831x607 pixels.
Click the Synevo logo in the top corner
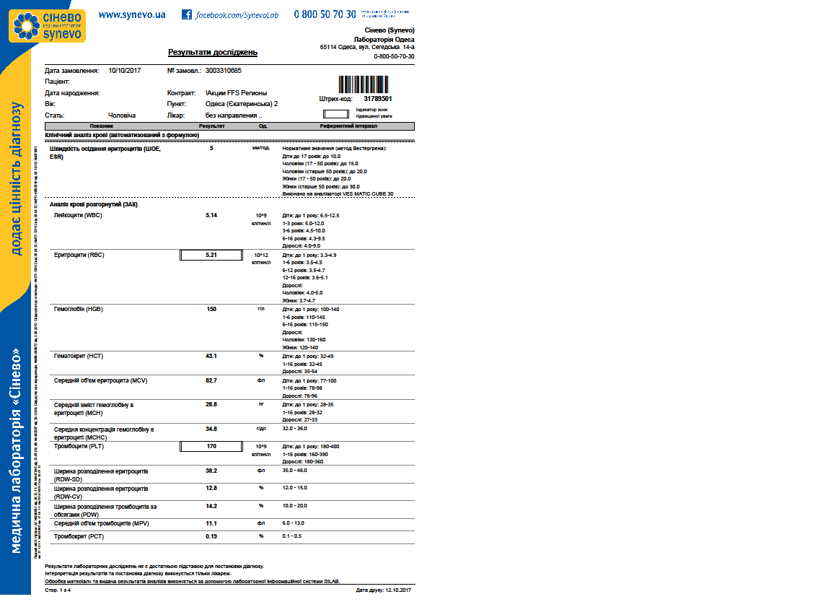pyautogui.click(x=47, y=25)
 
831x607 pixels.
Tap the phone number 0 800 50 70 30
pyautogui.click(x=325, y=14)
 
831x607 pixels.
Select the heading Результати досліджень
pyautogui.click(x=212, y=53)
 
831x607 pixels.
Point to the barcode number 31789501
pyautogui.click(x=377, y=98)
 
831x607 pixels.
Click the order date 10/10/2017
pyautogui.click(x=124, y=71)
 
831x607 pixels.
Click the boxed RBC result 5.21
pyautogui.click(x=211, y=255)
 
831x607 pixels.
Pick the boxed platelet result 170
pyautogui.click(x=211, y=446)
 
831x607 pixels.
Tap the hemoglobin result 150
pyautogui.click(x=211, y=309)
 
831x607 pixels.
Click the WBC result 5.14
pyautogui.click(x=211, y=215)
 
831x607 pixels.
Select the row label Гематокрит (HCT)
pyautogui.click(x=79, y=356)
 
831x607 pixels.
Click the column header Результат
pyautogui.click(x=211, y=126)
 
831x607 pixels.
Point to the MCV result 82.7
pyautogui.click(x=211, y=380)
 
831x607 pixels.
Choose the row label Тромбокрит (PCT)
pyautogui.click(x=79, y=536)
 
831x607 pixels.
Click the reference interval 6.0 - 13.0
pyautogui.click(x=294, y=523)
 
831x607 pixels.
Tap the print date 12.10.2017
pyautogui.click(x=399, y=590)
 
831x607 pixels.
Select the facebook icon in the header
pyautogui.click(x=187, y=14)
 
